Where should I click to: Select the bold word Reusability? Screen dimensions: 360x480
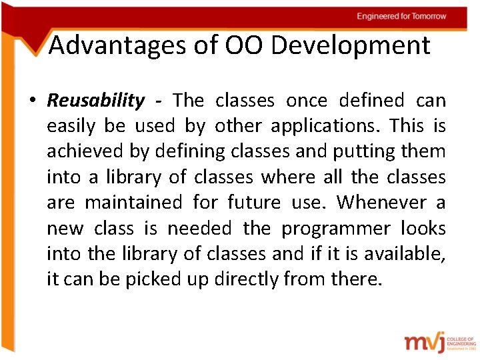[x=95, y=101]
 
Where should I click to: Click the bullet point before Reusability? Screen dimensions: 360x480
[x=32, y=101]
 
